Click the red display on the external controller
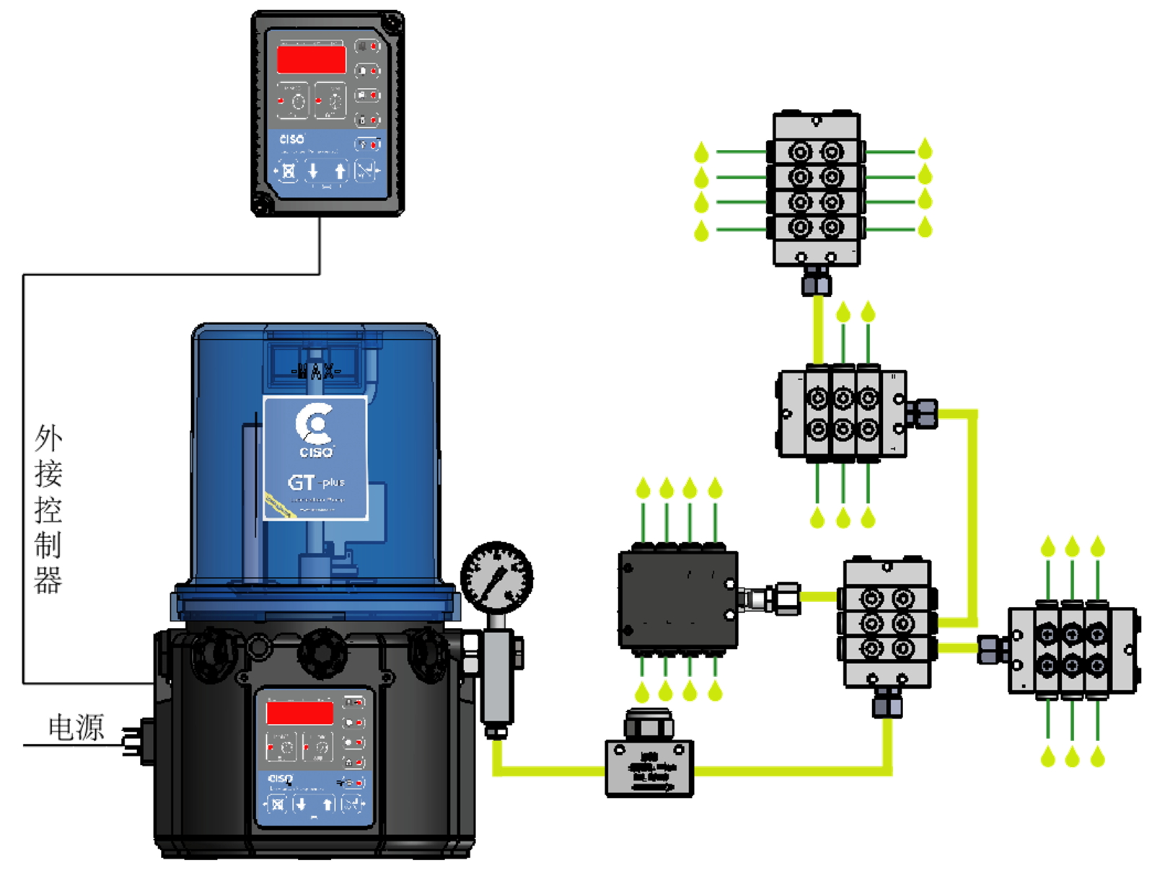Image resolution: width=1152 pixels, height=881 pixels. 311,59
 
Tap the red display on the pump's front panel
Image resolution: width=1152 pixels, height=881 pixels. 299,712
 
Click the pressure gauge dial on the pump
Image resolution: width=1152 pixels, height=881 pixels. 496,577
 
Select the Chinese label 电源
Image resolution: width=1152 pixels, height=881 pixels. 76,727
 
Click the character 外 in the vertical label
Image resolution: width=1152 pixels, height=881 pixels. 48,438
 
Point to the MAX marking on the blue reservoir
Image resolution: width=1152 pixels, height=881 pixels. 315,371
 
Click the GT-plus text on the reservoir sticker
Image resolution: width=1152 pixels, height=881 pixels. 316,482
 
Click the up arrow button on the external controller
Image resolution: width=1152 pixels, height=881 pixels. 340,172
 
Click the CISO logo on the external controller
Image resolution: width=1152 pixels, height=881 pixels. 291,139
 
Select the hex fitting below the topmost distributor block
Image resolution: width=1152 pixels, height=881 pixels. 817,280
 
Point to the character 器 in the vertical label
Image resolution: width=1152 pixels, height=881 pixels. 48,580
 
